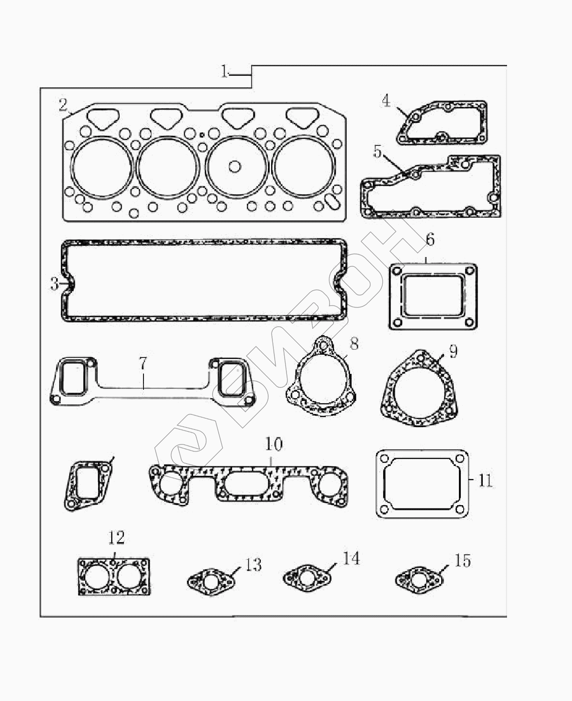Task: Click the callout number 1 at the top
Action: click(x=225, y=71)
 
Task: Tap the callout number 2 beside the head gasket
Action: click(x=63, y=105)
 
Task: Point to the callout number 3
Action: click(x=55, y=284)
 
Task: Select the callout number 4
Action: click(x=386, y=101)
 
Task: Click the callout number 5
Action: click(x=377, y=151)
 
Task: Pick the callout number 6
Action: click(x=430, y=239)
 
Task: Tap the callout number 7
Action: click(x=143, y=363)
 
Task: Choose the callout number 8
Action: click(x=354, y=343)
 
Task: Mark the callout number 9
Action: click(x=453, y=351)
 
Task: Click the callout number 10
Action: click(x=274, y=444)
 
